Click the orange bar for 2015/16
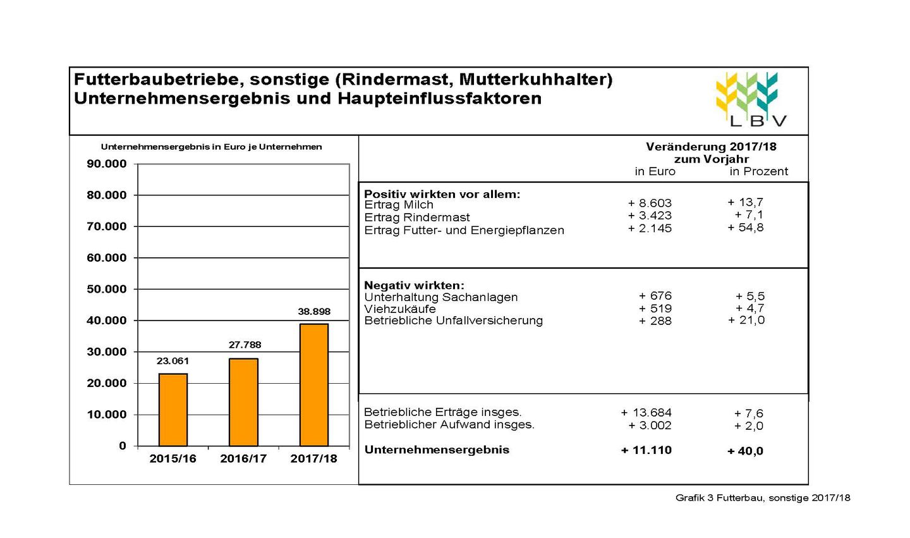click(x=173, y=410)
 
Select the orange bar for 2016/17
click(x=243, y=402)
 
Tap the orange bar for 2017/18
click(x=314, y=385)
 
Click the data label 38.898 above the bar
click(x=314, y=312)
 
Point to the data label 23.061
click(x=173, y=361)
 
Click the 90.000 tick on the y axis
click(x=107, y=164)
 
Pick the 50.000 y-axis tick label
click(x=107, y=289)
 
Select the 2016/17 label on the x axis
click(x=243, y=459)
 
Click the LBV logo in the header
click(x=751, y=99)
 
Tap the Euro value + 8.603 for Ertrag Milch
click(x=650, y=203)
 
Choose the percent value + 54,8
click(x=746, y=228)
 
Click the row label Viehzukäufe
click(x=400, y=309)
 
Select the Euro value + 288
click(x=655, y=321)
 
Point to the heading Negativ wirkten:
click(x=414, y=285)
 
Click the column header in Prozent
click(x=758, y=171)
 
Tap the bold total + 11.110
click(x=646, y=450)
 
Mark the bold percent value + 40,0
click(x=745, y=451)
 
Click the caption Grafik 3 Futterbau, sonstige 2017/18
click(x=763, y=498)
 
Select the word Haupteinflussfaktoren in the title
click(x=440, y=99)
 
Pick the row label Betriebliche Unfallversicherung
click(x=453, y=321)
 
